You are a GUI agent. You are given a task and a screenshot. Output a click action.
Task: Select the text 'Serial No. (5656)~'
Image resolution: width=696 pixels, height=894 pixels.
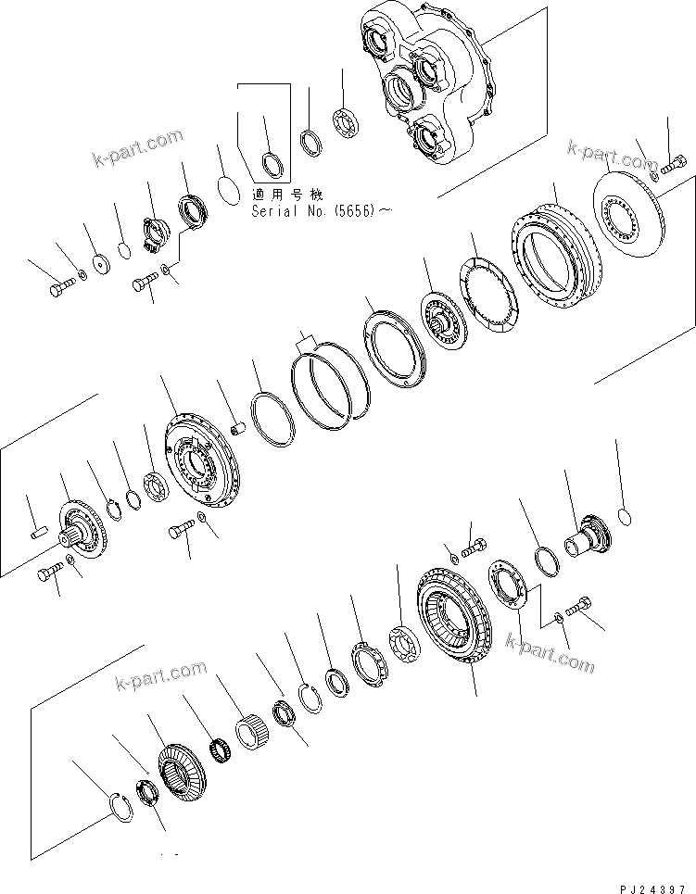coord(321,211)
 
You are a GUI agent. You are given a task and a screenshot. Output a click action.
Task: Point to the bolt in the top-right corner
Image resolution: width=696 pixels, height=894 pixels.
coord(673,166)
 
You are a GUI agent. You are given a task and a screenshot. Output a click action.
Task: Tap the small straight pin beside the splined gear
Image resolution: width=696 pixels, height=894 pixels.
coord(39,532)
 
